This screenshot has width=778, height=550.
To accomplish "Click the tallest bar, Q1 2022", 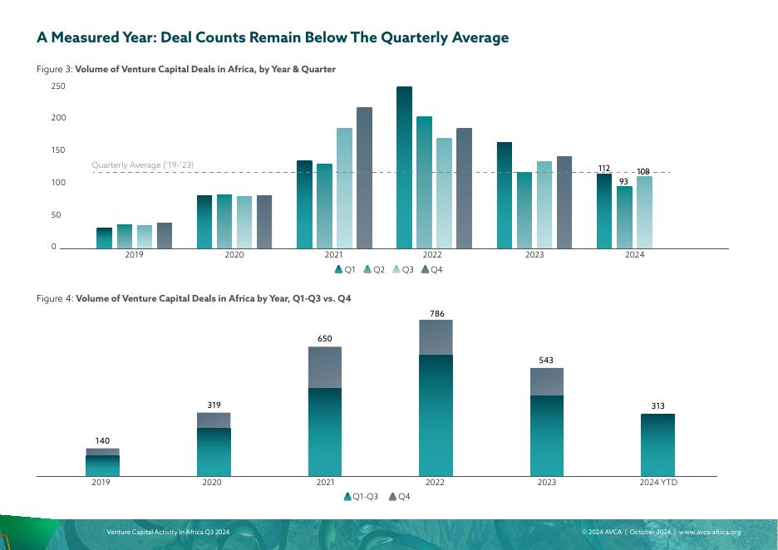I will tap(404, 166).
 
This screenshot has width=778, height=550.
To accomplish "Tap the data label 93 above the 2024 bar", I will tap(623, 180).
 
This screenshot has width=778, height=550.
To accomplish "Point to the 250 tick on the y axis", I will tap(58, 86).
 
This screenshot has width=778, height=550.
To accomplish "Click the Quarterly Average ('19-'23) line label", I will tap(142, 165).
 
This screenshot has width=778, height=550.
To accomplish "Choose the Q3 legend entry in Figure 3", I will tap(403, 269).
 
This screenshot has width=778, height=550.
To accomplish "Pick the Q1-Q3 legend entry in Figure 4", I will tap(362, 497).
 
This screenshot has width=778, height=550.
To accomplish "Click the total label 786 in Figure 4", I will tap(436, 314).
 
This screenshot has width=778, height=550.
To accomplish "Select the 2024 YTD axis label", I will tap(657, 483).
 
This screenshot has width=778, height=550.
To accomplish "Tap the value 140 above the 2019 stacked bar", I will tap(102, 441).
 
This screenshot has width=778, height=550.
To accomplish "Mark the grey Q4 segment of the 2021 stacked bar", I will tap(325, 367).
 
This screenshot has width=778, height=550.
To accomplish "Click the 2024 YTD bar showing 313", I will tap(657, 444).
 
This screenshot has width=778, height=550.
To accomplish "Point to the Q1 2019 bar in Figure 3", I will tap(104, 238).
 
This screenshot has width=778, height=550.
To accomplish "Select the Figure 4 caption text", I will tap(194, 298).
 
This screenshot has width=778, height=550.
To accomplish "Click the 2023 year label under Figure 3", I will tap(534, 255).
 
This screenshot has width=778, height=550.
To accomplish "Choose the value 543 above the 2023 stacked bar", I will tap(547, 361).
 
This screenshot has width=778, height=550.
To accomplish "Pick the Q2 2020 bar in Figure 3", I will tap(224, 221).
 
